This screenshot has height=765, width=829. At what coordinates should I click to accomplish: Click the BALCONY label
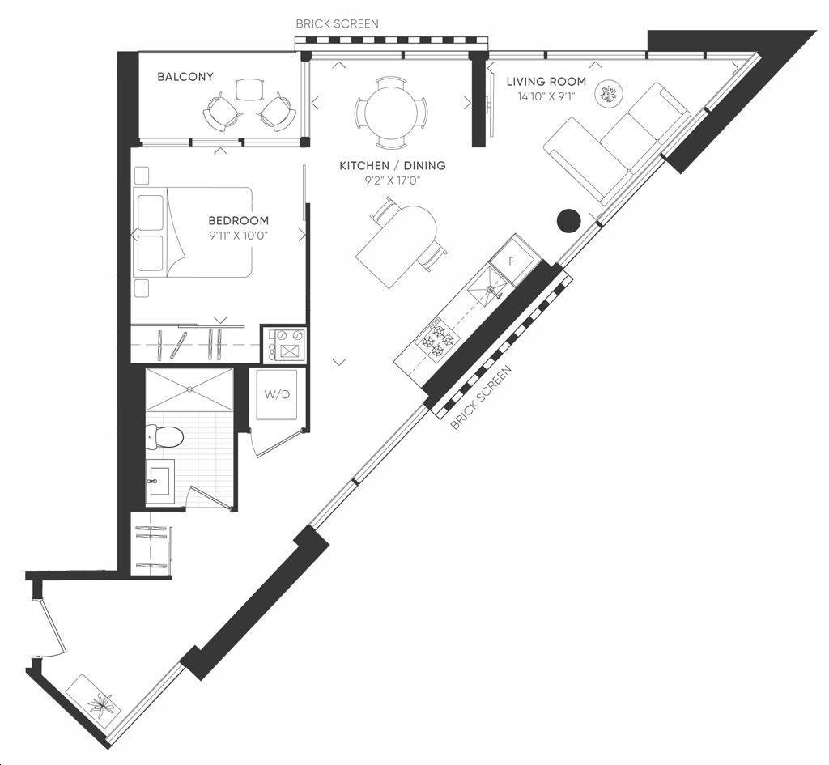pos(185,77)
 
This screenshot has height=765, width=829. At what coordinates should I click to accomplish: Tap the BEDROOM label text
pos(239,220)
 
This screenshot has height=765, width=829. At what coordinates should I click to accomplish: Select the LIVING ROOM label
pos(546,82)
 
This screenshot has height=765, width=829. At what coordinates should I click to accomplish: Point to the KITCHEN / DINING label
pos(393,165)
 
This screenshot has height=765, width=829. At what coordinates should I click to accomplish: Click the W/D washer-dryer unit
pos(277,394)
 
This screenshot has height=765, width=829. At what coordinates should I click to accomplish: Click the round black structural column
pos(569,220)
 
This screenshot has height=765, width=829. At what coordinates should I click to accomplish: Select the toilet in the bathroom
pos(165,437)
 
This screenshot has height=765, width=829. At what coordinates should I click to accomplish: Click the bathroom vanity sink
pos(161,481)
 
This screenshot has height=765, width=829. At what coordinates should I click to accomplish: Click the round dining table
pos(391,113)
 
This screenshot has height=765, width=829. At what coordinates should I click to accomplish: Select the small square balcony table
pos(249,89)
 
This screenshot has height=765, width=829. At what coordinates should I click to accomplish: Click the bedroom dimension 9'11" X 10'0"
pos(239,236)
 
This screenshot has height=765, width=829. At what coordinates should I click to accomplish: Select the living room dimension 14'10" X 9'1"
pos(546,96)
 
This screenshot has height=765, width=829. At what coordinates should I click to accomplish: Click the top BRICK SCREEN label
pos(338,23)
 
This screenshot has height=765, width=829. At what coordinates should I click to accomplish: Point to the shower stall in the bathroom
pos(189,389)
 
